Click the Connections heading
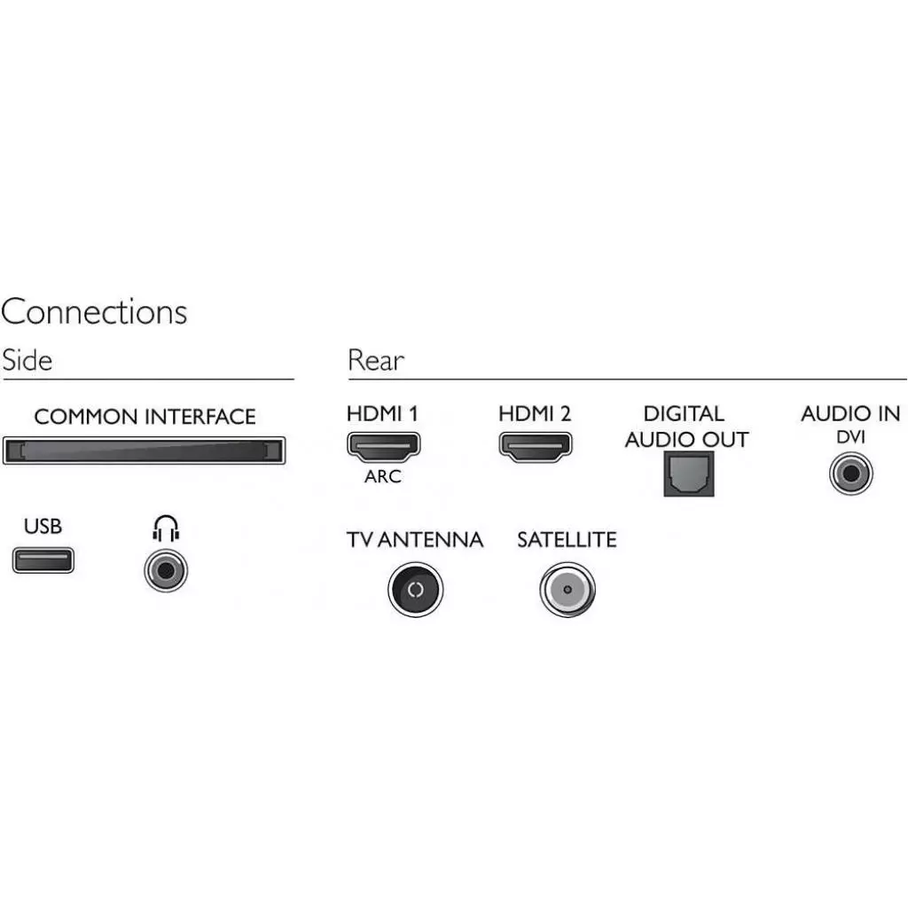point(94,312)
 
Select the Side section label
point(27,361)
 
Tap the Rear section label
point(376,361)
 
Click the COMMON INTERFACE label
point(145,417)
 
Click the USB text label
point(43,527)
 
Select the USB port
point(43,560)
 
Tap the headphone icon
point(166,529)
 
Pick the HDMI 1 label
point(382,413)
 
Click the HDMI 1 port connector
point(383,446)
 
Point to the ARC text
point(383,477)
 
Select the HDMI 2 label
point(535,413)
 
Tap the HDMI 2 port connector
point(536,446)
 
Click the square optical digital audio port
point(689,474)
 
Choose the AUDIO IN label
point(850,413)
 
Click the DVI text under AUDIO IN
point(850,437)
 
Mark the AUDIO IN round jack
point(851,474)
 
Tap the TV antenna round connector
point(415,590)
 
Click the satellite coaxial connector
point(567,590)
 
